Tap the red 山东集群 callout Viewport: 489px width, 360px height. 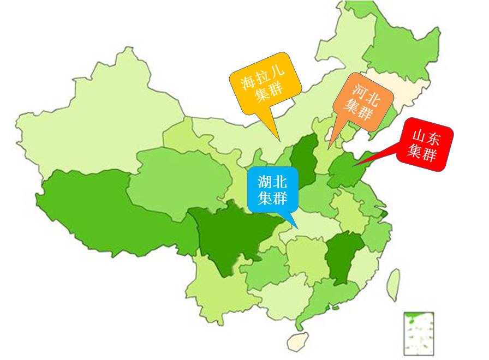[x=424, y=144]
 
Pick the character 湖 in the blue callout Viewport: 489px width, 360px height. [x=265, y=182]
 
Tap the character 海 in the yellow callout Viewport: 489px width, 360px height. [x=248, y=83]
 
